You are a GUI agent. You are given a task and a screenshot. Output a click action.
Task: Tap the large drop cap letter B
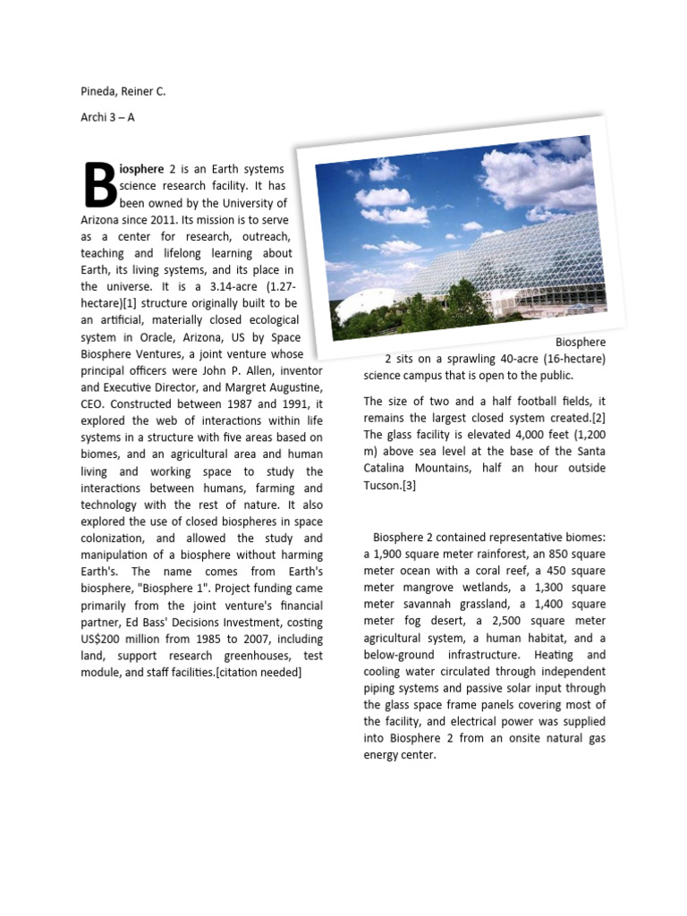point(99,184)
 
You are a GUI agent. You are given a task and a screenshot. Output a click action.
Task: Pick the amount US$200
point(108,639)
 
